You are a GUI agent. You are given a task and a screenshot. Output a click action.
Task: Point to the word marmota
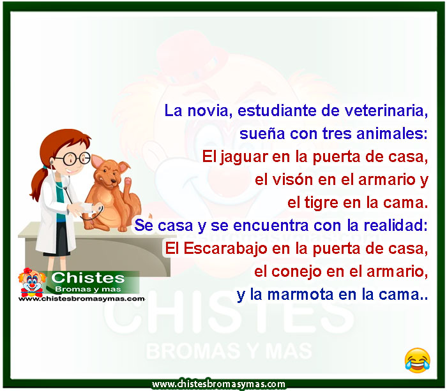(x=300, y=295)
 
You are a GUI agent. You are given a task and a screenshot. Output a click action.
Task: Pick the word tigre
(x=321, y=203)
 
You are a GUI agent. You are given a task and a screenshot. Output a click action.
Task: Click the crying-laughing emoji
(x=417, y=360)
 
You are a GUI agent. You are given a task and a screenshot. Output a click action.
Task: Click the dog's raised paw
(x=128, y=181)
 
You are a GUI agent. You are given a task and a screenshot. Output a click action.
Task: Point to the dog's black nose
(x=114, y=181)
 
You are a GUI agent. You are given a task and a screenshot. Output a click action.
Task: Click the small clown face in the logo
(x=32, y=281)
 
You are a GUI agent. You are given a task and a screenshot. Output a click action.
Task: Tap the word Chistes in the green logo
(x=88, y=278)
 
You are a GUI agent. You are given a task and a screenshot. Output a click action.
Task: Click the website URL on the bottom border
(x=218, y=384)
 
